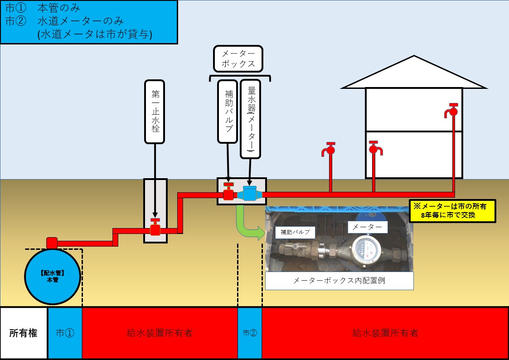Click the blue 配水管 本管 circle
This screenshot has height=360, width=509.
(52, 277)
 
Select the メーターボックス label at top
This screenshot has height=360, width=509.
(238, 58)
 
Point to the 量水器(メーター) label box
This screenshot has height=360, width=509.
(250, 119)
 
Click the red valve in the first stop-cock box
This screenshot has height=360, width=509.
(155, 228)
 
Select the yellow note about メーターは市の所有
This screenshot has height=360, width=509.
(452, 211)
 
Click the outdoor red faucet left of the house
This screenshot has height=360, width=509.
(330, 150)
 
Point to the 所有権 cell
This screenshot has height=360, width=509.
(24, 333)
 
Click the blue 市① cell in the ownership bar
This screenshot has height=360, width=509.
(65, 333)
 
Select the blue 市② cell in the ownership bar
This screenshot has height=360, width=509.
(250, 333)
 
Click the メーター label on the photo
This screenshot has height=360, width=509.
(368, 227)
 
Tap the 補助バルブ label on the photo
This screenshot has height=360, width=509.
(295, 233)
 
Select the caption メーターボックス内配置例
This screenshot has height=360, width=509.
(339, 281)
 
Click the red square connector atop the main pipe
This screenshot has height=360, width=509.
(52, 243)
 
